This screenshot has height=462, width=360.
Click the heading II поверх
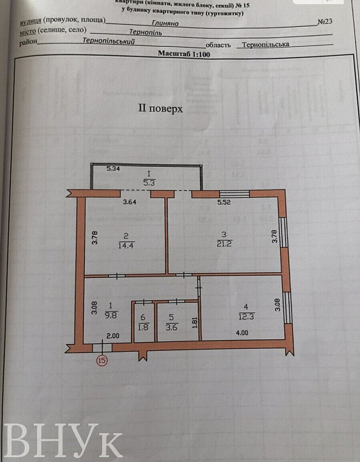pyautogui.click(x=161, y=108)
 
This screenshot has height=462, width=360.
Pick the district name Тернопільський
pyautogui.click(x=108, y=41)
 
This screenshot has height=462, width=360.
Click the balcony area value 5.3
pyautogui.click(x=149, y=182)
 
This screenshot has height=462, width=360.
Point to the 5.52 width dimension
pyautogui.click(x=226, y=203)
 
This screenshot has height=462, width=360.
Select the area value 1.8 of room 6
pyautogui.click(x=143, y=327)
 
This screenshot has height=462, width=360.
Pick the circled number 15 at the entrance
pyautogui.click(x=103, y=360)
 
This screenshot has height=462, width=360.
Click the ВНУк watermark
pyautogui.click(x=63, y=439)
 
